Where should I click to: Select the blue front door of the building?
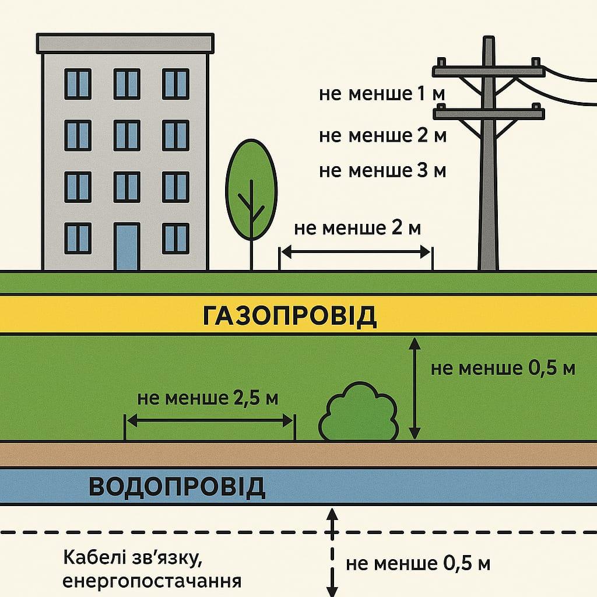coord(127,247)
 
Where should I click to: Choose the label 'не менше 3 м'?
coord(382,171)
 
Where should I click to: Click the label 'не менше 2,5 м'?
coord(208,399)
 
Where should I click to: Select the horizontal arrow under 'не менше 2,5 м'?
coord(209,420)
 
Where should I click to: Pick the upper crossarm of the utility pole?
coord(489,72)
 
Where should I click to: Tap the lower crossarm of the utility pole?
coord(489,113)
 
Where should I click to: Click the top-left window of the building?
coord(78,83)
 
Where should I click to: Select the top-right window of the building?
coord(175,83)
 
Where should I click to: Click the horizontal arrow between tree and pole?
coord(356,252)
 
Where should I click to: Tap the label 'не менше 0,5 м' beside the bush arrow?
coord(503,368)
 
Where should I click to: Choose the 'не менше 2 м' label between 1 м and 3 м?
coord(382,136)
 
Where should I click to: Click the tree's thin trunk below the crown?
coord(251,254)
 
